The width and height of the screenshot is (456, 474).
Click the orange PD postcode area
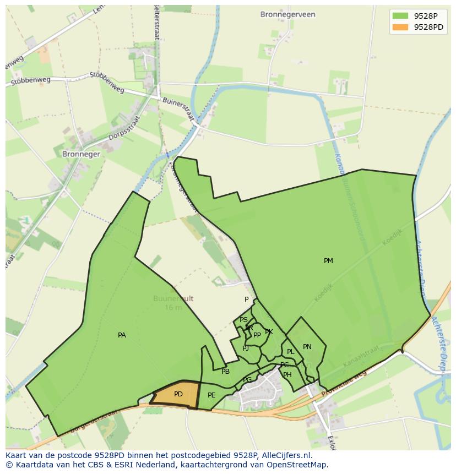(x=176, y=395)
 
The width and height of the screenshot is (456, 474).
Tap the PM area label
(x=328, y=261)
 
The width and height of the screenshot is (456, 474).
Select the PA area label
(x=122, y=335)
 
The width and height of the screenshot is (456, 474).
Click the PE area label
(x=211, y=395)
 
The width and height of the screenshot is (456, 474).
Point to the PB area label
(x=225, y=372)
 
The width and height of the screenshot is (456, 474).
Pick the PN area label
(x=307, y=347)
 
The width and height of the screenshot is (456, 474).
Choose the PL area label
(x=290, y=352)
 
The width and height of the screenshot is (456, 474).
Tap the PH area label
(x=287, y=375)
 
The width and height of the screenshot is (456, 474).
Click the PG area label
(x=247, y=380)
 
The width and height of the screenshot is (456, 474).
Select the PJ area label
(x=246, y=348)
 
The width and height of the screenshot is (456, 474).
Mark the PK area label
(x=269, y=332)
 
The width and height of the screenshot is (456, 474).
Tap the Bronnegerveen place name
(x=288, y=15)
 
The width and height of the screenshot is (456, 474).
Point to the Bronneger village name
(x=81, y=154)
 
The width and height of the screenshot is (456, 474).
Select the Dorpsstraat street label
(x=123, y=128)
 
